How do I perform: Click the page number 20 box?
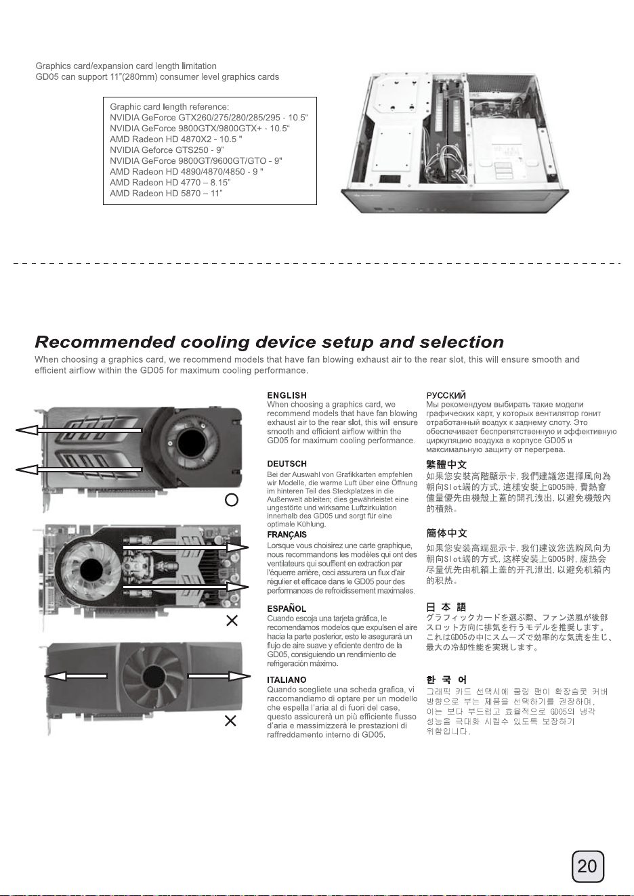tap(587, 866)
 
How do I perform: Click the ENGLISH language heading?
tap(287, 395)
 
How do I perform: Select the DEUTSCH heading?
tap(287, 464)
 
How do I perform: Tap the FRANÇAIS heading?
tap(287, 535)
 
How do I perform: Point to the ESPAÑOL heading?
tap(287, 608)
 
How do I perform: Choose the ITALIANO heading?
tap(287, 679)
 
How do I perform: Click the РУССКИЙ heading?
tap(446, 396)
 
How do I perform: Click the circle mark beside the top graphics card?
tap(232, 500)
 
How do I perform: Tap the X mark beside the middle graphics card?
tap(232, 621)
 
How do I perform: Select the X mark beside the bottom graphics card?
tap(230, 721)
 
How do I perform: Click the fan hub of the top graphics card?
tap(190, 443)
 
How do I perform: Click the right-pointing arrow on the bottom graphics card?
tap(219, 676)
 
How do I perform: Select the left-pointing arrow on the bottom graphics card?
tap(76, 676)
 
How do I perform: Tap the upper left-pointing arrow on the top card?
tap(79, 430)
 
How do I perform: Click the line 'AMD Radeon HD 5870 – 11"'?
tap(166, 193)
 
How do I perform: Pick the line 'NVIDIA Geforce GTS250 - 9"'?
tap(167, 150)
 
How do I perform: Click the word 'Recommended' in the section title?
tap(104, 342)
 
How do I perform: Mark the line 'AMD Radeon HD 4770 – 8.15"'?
tap(170, 183)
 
